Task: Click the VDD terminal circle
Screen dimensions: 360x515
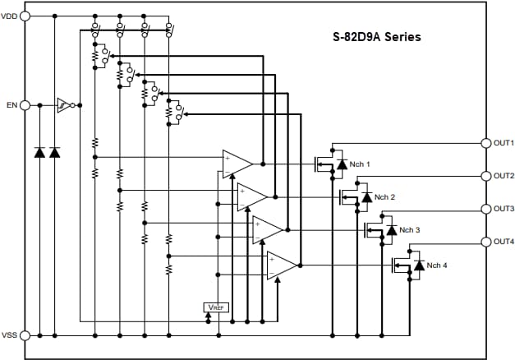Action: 25,16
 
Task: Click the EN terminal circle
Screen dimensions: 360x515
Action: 25,105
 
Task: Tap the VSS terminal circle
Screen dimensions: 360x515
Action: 25,335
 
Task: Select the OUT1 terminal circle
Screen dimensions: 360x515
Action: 486,142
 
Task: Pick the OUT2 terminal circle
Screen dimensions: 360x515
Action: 486,176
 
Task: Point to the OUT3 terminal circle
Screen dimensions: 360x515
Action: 486,209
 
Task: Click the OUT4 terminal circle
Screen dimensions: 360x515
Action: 486,242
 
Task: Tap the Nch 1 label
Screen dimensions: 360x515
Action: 360,164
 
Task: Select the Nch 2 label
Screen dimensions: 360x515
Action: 384,197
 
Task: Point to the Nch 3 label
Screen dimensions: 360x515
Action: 409,230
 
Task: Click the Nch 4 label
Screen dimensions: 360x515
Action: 436,265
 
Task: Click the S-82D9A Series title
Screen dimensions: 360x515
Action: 377,37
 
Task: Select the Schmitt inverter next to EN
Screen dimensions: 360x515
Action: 63,105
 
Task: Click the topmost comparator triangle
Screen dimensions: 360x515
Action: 237,163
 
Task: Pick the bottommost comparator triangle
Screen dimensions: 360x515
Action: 281,264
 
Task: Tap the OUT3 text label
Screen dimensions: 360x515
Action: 504,209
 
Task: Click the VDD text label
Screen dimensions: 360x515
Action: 10,16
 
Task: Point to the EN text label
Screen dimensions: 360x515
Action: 11,105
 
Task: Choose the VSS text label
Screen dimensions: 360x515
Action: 10,335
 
